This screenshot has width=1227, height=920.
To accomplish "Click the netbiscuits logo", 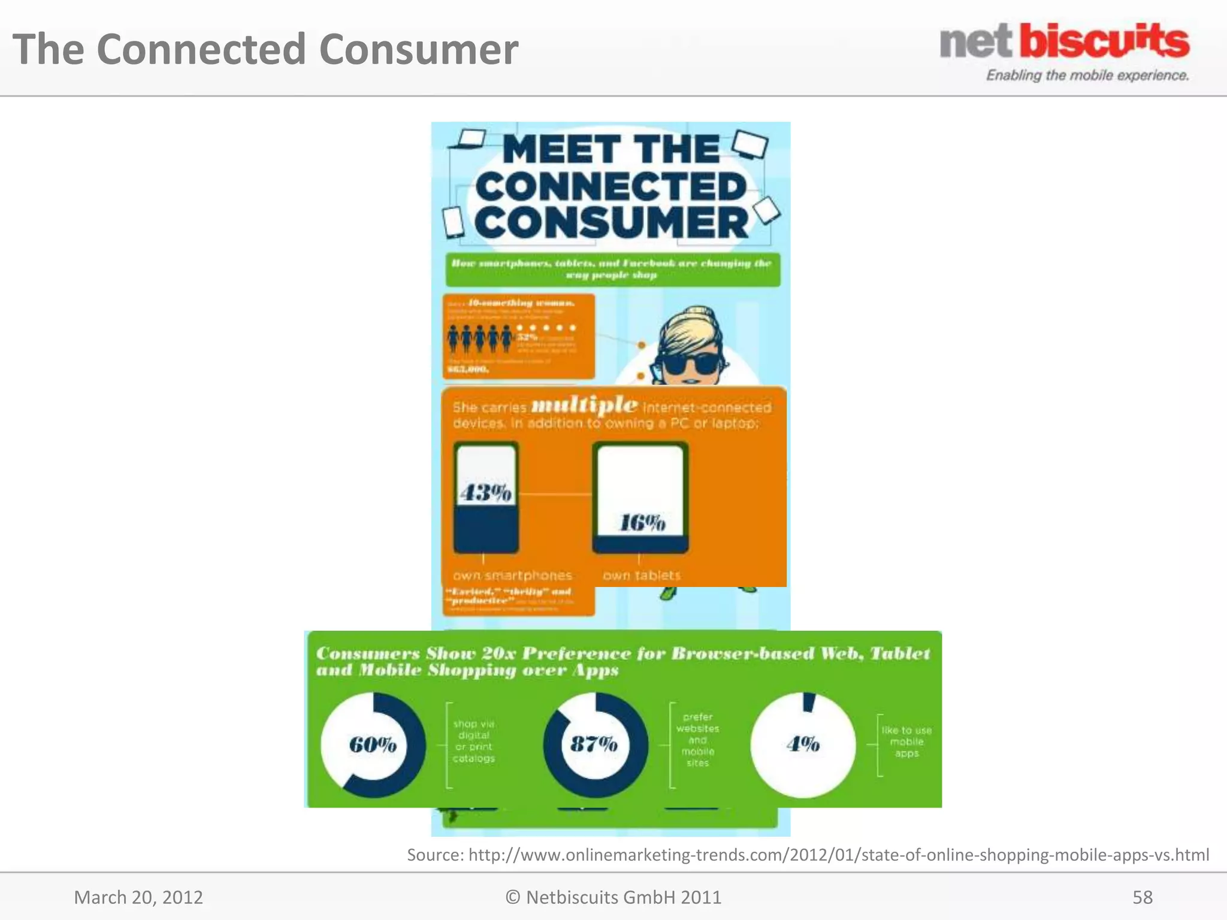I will (x=1064, y=42).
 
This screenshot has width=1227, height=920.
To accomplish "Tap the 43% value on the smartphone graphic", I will (x=485, y=492).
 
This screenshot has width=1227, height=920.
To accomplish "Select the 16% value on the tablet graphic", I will (x=642, y=523).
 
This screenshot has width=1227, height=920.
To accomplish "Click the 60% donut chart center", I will (x=373, y=745).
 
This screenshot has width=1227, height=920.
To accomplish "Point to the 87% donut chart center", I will (x=594, y=744).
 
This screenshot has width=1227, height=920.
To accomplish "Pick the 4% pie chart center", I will (x=803, y=744).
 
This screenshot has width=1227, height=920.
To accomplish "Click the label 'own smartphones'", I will (x=512, y=575).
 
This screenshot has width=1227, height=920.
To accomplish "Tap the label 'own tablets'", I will (x=642, y=575).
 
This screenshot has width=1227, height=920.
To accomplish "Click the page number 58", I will (x=1142, y=897).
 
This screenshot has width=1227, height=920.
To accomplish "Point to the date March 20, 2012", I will (x=138, y=897).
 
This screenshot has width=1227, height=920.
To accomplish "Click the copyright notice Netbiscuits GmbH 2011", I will (x=613, y=897).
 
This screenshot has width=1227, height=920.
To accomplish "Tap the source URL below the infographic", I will (x=808, y=854).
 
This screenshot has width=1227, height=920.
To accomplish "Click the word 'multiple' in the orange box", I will (x=584, y=405).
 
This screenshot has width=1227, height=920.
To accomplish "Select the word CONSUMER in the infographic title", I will (x=612, y=223).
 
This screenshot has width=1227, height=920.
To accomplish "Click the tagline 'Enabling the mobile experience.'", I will (x=1087, y=75).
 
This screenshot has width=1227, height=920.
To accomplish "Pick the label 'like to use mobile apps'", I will (x=906, y=742).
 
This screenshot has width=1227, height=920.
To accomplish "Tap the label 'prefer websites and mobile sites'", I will (x=697, y=740).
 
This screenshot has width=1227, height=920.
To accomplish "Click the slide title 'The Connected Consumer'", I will (x=265, y=49).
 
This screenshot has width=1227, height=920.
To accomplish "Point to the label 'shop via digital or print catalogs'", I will (x=474, y=741).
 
